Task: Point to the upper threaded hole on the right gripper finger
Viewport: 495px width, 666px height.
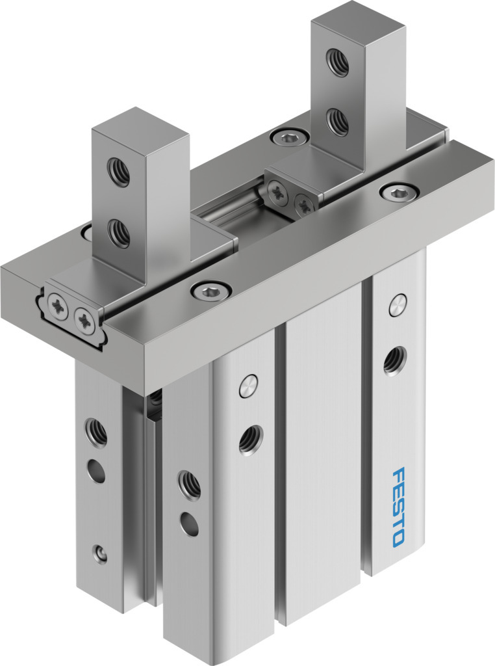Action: [338, 62]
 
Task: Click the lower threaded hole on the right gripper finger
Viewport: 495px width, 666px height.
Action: [338, 122]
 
